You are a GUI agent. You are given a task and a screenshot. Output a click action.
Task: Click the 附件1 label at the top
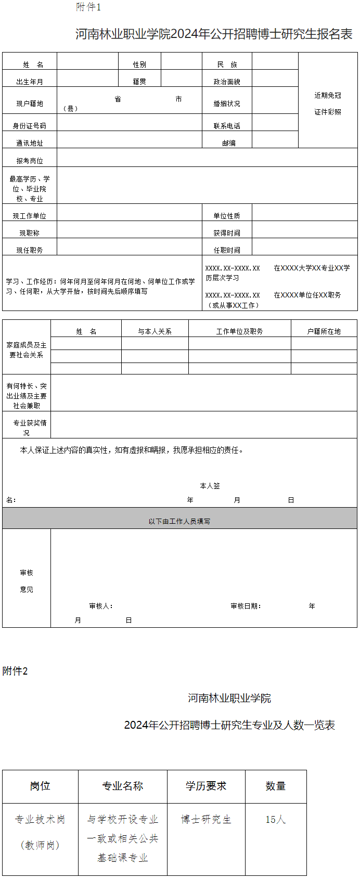[88, 7]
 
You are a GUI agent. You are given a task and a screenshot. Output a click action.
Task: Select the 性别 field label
[139, 64]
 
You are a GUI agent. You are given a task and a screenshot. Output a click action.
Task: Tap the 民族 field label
[227, 64]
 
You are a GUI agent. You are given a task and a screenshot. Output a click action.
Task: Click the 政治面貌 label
[227, 82]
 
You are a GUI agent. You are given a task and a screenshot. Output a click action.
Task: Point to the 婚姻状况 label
[227, 104]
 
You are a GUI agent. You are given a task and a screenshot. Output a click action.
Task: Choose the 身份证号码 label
[30, 126]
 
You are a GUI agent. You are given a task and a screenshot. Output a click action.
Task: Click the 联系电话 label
[227, 126]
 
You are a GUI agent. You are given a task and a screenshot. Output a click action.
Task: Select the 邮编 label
[229, 143]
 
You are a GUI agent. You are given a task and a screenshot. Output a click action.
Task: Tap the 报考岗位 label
[30, 161]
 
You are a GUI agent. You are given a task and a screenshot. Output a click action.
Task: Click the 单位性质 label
[227, 216]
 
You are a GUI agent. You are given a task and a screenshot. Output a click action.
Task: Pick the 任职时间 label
[227, 250]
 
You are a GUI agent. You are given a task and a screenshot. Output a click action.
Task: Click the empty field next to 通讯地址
[129, 140]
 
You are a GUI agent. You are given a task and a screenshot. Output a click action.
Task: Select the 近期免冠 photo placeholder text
[328, 96]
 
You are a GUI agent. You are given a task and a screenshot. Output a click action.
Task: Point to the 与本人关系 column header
[155, 331]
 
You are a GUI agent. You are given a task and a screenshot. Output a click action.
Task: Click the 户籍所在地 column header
[324, 331]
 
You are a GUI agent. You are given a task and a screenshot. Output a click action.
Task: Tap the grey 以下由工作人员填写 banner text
[179, 521]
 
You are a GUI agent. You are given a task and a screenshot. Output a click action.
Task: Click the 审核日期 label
[246, 606]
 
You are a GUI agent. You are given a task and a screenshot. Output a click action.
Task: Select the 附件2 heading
[15, 671]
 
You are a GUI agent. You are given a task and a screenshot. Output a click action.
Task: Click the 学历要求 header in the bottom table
[206, 786]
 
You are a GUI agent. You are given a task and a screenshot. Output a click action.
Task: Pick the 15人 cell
[275, 820]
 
